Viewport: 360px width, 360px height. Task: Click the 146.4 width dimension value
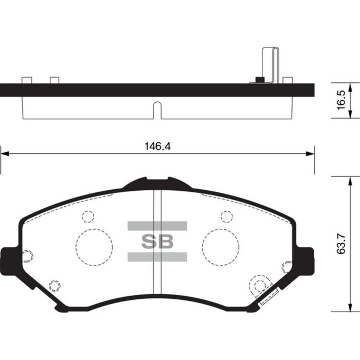pos(158,146)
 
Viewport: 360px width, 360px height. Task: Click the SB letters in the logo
pos(157,242)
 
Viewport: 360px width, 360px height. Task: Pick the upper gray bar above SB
pos(157,226)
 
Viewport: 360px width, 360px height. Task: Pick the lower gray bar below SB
pos(157,257)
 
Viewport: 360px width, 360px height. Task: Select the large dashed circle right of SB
pos(220,247)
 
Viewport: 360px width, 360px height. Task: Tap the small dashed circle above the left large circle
pos(88,217)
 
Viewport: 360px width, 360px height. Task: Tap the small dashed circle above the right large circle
pos(226,217)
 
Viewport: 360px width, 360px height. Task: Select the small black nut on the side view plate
pos(260,80)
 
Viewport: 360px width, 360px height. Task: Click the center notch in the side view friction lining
pos(158,110)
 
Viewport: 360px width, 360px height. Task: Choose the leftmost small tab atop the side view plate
pos(27,80)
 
